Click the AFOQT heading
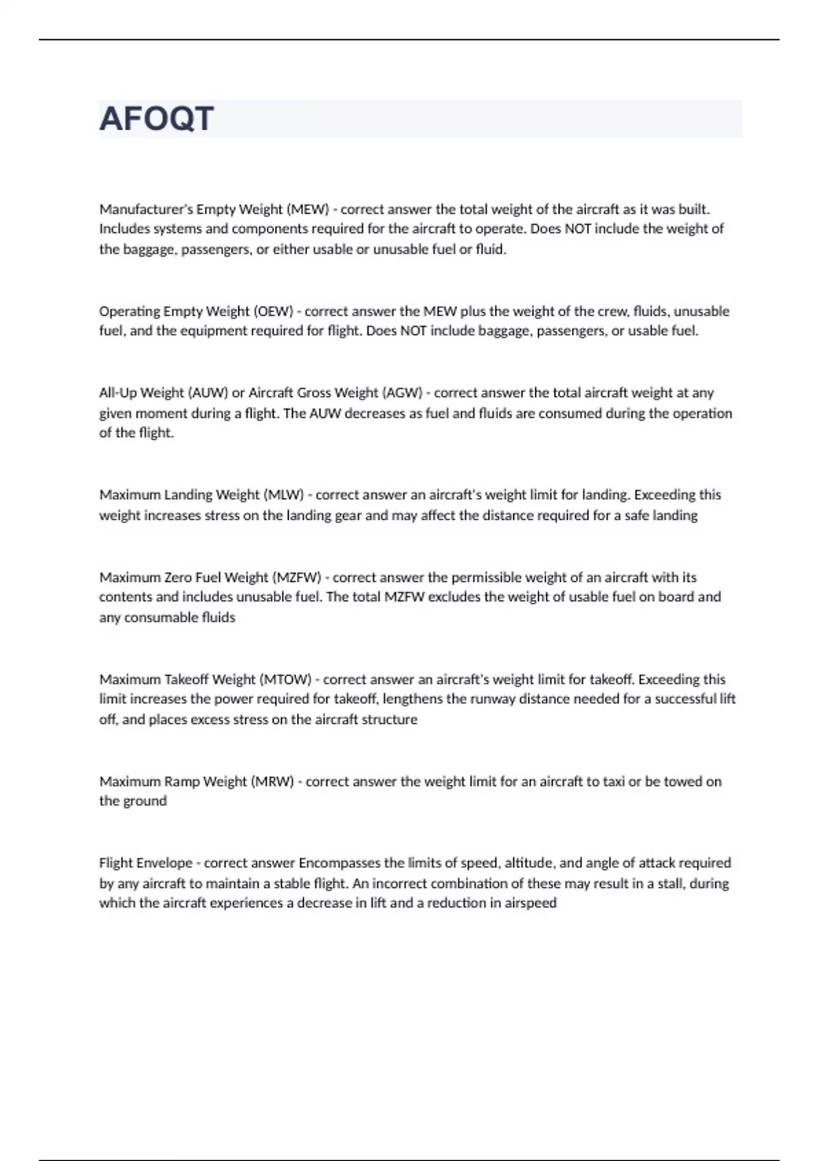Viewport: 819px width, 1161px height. (x=157, y=119)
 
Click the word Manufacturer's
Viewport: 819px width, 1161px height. (x=145, y=209)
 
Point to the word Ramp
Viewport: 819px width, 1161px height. (x=182, y=781)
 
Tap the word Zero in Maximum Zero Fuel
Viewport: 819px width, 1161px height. (x=178, y=577)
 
